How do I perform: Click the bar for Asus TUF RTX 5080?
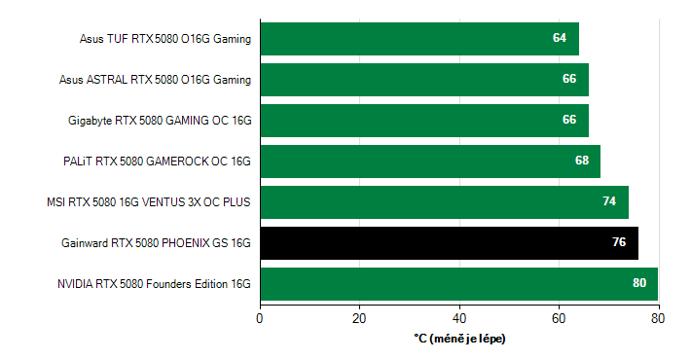point(419,39)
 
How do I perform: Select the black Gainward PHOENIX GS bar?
point(449,243)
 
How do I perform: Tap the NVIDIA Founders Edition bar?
point(458,284)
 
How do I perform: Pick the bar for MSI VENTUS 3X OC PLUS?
point(444,202)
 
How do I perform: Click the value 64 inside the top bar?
point(560,39)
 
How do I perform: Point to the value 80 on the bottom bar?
point(639,284)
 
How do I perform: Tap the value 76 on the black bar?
point(619,243)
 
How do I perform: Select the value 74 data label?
point(609,202)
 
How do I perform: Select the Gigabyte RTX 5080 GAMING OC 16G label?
point(161,121)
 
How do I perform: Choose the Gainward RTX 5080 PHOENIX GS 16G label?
point(157,243)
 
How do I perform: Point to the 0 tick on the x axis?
point(260,317)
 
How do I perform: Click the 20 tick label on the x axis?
point(360,317)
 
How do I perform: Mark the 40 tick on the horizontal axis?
point(459,317)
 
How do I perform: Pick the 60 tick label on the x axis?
point(560,317)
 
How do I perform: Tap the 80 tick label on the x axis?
point(659,317)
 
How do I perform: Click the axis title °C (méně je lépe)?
point(459,339)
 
